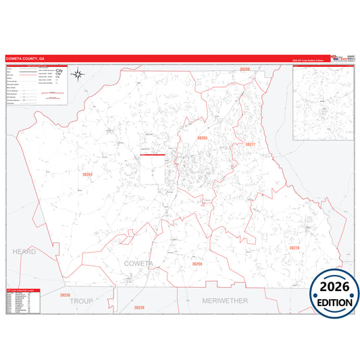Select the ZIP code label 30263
tap(87, 174)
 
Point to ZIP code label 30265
tap(202, 138)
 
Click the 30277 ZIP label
tap(251, 145)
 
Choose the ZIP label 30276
tap(294, 249)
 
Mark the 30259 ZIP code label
tap(197, 263)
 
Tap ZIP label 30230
tap(65, 295)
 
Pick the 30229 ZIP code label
tap(139, 307)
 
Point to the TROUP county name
tap(80, 300)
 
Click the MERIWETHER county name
tap(226, 300)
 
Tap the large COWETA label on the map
tap(138, 262)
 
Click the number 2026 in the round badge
tap(334, 284)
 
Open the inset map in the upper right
tap(322, 103)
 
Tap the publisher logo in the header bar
tap(341, 59)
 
